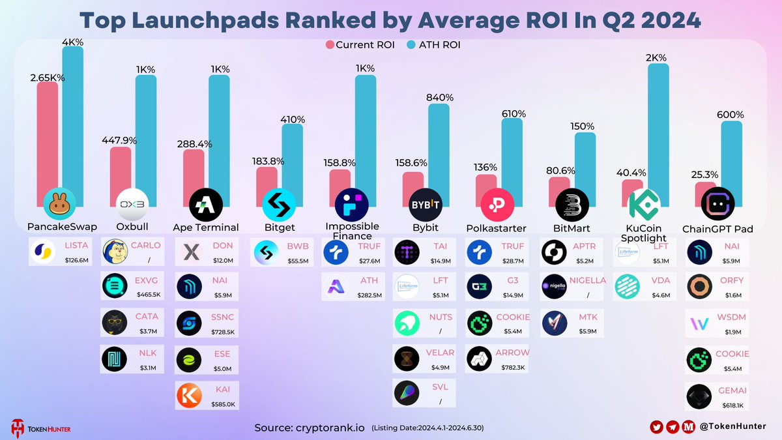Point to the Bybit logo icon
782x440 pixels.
pyautogui.click(x=426, y=205)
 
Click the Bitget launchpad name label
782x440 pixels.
pyautogui.click(x=279, y=227)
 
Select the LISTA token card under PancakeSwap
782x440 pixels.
pyautogui.click(x=63, y=252)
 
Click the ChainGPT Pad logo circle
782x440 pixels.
pyautogui.click(x=717, y=205)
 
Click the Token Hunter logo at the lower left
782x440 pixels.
pyautogui.click(x=40, y=427)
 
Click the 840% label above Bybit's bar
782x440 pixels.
pyautogui.click(x=439, y=98)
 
